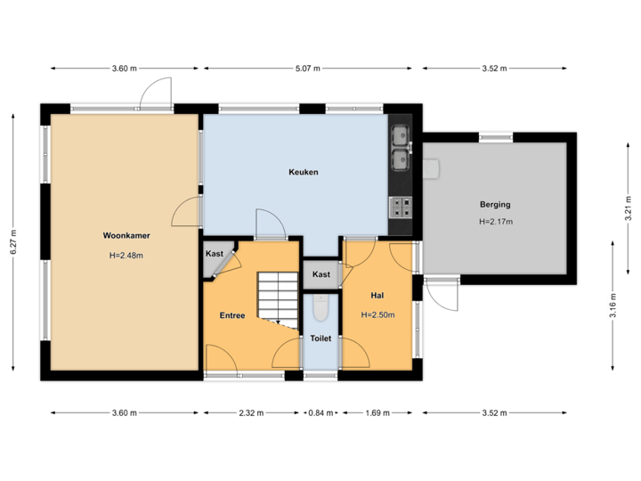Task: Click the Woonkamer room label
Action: coord(126,236)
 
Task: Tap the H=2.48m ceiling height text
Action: coord(126,256)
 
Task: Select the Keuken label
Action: coord(303,172)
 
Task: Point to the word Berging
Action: coord(495,205)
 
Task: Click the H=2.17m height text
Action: coord(495,222)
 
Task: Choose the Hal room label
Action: coord(377,294)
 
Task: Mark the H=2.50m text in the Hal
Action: coord(377,314)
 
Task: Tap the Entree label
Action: coord(232,315)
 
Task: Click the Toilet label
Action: coord(320,338)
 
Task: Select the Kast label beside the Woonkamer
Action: coord(215,254)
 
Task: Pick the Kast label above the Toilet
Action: coord(321,274)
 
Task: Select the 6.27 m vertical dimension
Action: coord(12,241)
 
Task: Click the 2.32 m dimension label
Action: coord(251,412)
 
